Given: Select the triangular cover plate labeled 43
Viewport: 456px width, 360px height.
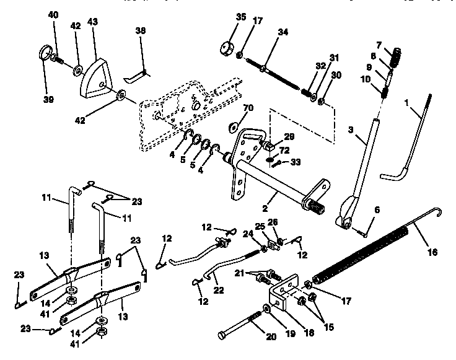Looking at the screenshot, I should click(x=95, y=77).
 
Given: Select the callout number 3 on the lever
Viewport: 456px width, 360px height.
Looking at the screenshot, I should click(x=350, y=131).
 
